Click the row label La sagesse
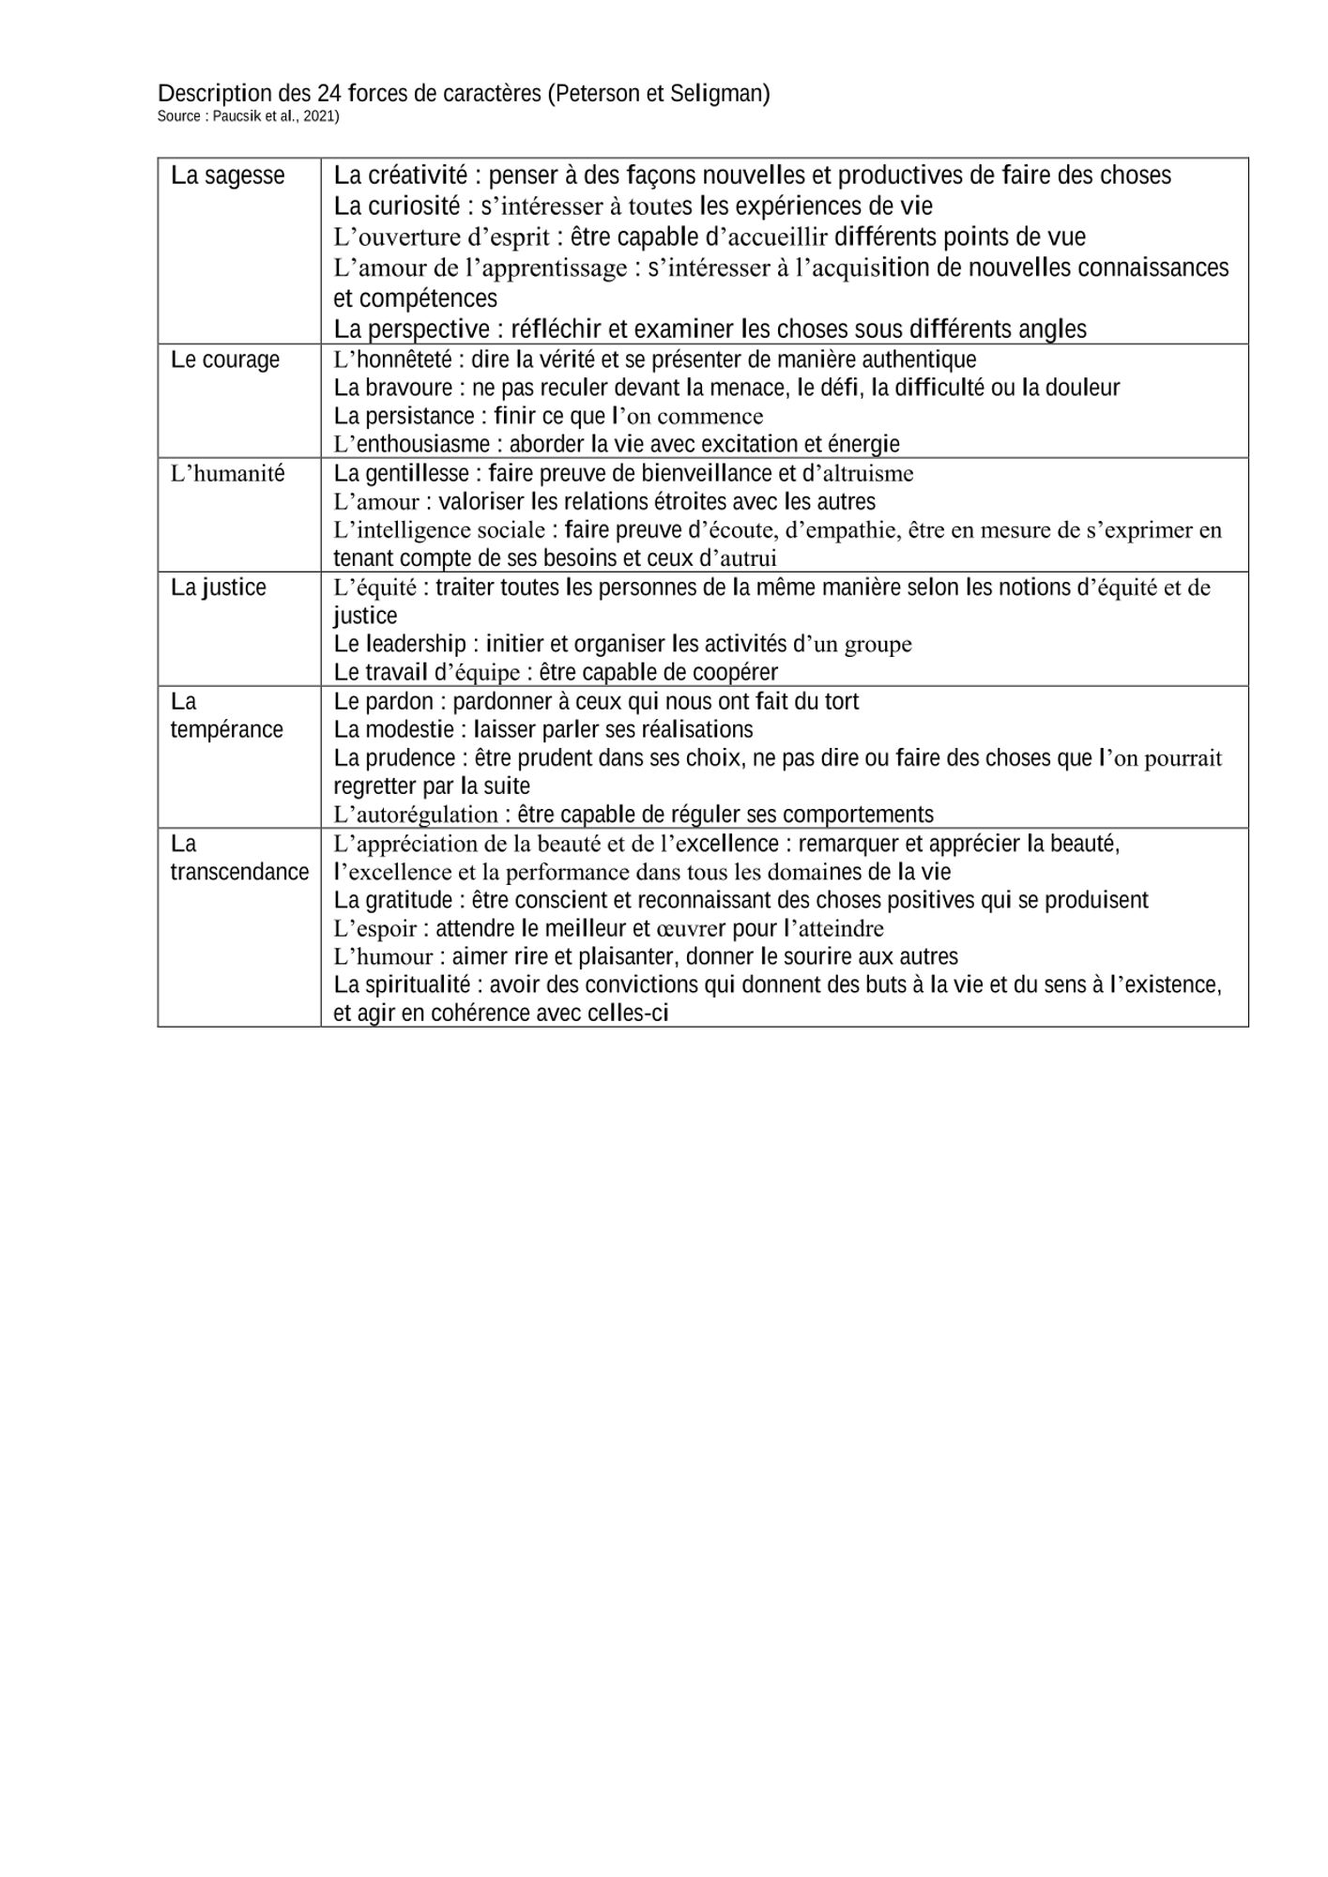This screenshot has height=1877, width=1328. (x=227, y=175)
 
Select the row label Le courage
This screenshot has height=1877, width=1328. (x=225, y=359)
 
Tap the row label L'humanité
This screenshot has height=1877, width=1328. (x=227, y=474)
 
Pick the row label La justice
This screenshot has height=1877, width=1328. (x=218, y=588)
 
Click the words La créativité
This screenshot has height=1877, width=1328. (x=401, y=175)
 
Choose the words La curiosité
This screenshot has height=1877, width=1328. (x=397, y=206)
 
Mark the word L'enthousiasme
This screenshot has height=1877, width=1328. (x=412, y=444)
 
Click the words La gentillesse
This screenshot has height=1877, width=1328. (x=401, y=473)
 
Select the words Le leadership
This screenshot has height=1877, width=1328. (x=400, y=644)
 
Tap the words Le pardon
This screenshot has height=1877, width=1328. (x=384, y=701)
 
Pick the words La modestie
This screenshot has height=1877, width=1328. (x=388, y=729)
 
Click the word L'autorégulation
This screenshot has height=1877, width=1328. (x=416, y=815)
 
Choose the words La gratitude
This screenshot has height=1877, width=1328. (x=393, y=900)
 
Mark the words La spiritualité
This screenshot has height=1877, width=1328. (x=402, y=985)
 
